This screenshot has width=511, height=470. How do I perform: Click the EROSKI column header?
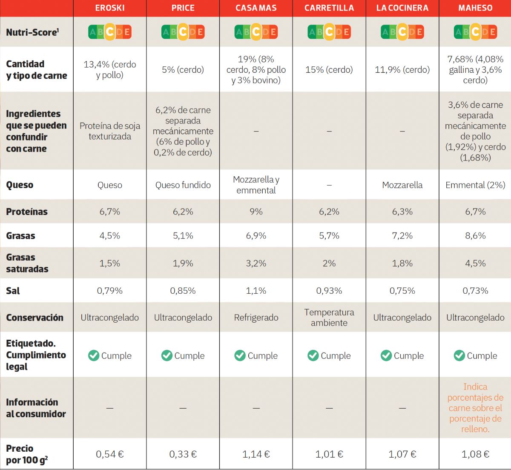[x=110, y=8]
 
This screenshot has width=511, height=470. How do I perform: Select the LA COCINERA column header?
[x=402, y=8]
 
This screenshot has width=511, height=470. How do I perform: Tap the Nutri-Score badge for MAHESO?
[x=475, y=32]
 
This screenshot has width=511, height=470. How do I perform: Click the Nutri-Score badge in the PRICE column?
[x=183, y=32]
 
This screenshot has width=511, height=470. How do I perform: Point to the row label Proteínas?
[x=27, y=212]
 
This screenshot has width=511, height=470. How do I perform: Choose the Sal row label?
[x=13, y=291]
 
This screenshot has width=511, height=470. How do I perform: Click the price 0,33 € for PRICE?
[x=183, y=454]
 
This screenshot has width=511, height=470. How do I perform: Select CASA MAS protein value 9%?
[x=256, y=212]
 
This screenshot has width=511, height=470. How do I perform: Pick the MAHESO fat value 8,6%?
[x=475, y=235]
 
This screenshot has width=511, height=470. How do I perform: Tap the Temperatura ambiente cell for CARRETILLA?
[x=329, y=318]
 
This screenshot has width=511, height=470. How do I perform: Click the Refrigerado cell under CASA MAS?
[x=256, y=318]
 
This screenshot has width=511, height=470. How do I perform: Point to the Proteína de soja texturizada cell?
[x=110, y=131]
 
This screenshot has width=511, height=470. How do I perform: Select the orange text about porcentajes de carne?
[x=475, y=408]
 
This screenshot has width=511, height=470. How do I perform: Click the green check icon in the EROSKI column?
[x=94, y=355]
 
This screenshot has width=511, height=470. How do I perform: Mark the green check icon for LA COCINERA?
[x=386, y=355]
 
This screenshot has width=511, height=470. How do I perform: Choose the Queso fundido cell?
[x=183, y=185]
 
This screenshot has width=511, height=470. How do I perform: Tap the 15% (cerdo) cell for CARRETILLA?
[x=329, y=70]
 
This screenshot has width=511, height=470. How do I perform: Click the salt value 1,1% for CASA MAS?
[x=256, y=291]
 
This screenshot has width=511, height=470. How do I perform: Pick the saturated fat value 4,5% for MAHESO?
[x=475, y=263]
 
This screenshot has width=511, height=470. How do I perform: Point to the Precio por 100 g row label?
[x=26, y=454]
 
